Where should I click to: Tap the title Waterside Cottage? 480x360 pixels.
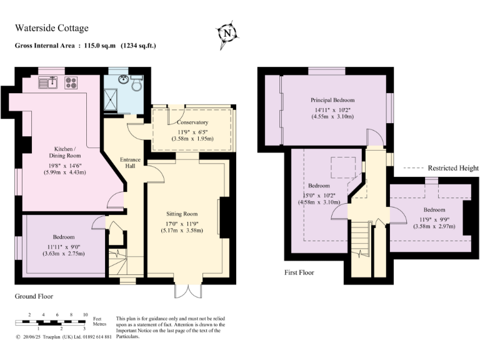click(51, 28)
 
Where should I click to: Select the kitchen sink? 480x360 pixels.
click(48, 82)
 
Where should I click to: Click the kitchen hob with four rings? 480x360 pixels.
click(70, 82)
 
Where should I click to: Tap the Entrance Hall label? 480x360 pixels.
click(130, 164)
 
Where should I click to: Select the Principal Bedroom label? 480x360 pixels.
click(332, 100)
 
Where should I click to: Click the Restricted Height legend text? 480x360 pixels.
click(453, 168)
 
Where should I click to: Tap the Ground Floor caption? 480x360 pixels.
click(34, 296)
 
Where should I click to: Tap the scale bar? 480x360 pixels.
click(50, 322)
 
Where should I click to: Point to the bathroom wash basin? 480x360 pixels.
click(124, 79)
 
